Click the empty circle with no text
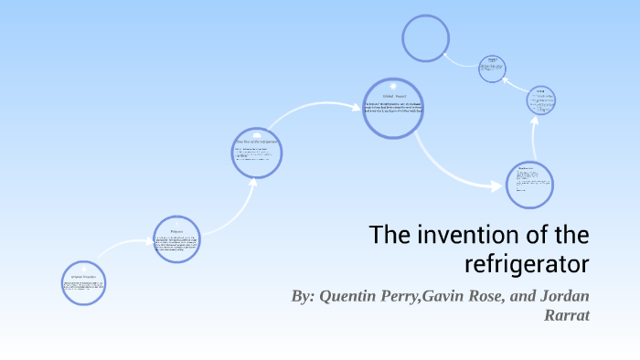[426, 39]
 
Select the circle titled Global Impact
[393, 108]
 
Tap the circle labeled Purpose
[176, 239]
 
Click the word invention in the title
[459, 236]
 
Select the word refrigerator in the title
[528, 265]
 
